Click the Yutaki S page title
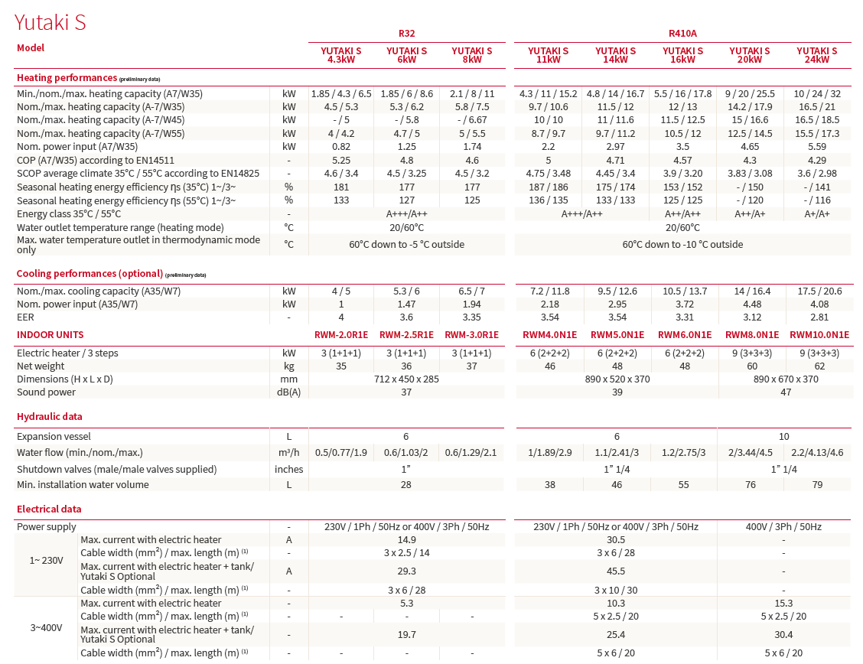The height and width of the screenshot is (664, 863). click(x=50, y=22)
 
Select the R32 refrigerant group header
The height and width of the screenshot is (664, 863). click(x=406, y=33)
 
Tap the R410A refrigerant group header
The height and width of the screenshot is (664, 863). click(x=682, y=33)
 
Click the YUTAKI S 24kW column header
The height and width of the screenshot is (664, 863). click(x=817, y=55)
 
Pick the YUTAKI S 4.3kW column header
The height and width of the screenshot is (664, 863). click(x=340, y=55)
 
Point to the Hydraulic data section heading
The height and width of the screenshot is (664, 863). click(x=50, y=417)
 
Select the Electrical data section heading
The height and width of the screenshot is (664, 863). click(x=49, y=509)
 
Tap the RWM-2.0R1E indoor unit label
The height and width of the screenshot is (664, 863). click(x=341, y=335)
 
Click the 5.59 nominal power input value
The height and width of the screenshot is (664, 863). click(x=817, y=146)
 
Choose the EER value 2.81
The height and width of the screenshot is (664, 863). click(x=819, y=317)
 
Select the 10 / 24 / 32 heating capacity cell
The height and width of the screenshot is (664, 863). click(x=817, y=93)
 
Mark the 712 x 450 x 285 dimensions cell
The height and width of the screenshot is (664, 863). click(x=406, y=379)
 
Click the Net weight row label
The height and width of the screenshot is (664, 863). click(x=41, y=366)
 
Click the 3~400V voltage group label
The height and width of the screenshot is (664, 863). click(x=45, y=627)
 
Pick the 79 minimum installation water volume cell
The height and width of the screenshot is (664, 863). click(x=817, y=485)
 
